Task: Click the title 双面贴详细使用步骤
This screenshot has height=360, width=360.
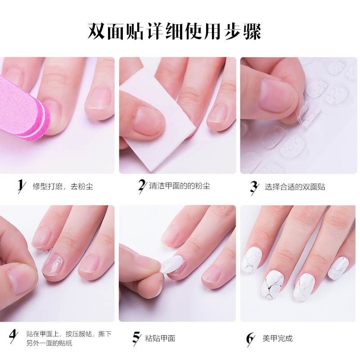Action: click(175, 32)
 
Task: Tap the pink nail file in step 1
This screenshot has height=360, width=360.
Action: click(22, 108)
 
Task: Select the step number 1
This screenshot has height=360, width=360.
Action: click(20, 186)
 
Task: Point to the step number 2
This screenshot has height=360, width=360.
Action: click(142, 186)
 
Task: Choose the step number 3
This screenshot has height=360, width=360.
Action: click(254, 186)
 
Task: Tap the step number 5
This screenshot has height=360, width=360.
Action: click(137, 338)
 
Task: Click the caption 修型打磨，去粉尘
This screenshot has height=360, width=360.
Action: click(63, 186)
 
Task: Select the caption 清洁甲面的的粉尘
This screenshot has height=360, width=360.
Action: click(180, 186)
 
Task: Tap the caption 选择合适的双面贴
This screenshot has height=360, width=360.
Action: click(295, 186)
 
